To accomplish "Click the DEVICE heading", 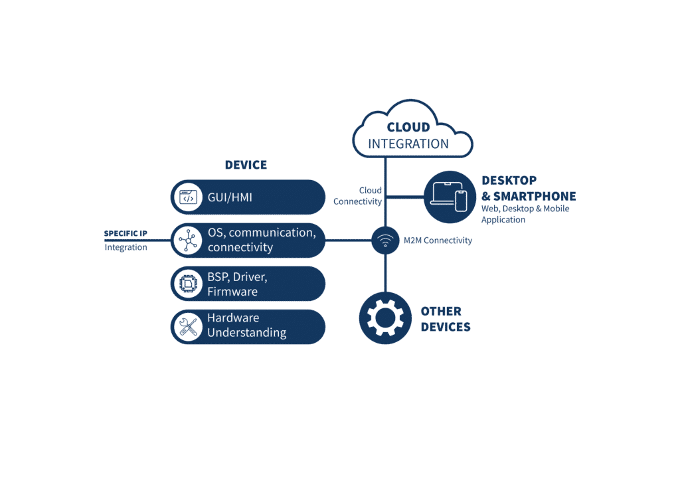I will pos(246,165).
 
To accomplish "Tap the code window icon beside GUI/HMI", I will pos(189,197).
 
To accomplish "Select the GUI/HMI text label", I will pos(230,197).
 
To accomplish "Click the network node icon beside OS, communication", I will pos(189,240).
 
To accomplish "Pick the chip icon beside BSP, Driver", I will pos(189,284).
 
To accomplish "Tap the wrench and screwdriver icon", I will pos(189,327).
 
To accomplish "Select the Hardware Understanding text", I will pos(246,326).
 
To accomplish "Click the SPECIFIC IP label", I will pos(126,234).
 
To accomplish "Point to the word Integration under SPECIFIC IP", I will pos(126,247).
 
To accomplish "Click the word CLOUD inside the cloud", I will pos(408,127).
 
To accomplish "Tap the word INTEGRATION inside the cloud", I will pos(408,144).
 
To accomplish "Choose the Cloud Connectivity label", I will pos(358,196).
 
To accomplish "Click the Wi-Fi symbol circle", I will pos(385,240).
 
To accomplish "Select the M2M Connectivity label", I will pos(438,241).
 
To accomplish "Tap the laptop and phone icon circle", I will pos(450,197).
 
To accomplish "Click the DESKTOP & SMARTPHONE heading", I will pos(529,189).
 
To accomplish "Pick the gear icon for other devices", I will pos(385,318).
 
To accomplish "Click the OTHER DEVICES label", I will pos(446,319).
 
